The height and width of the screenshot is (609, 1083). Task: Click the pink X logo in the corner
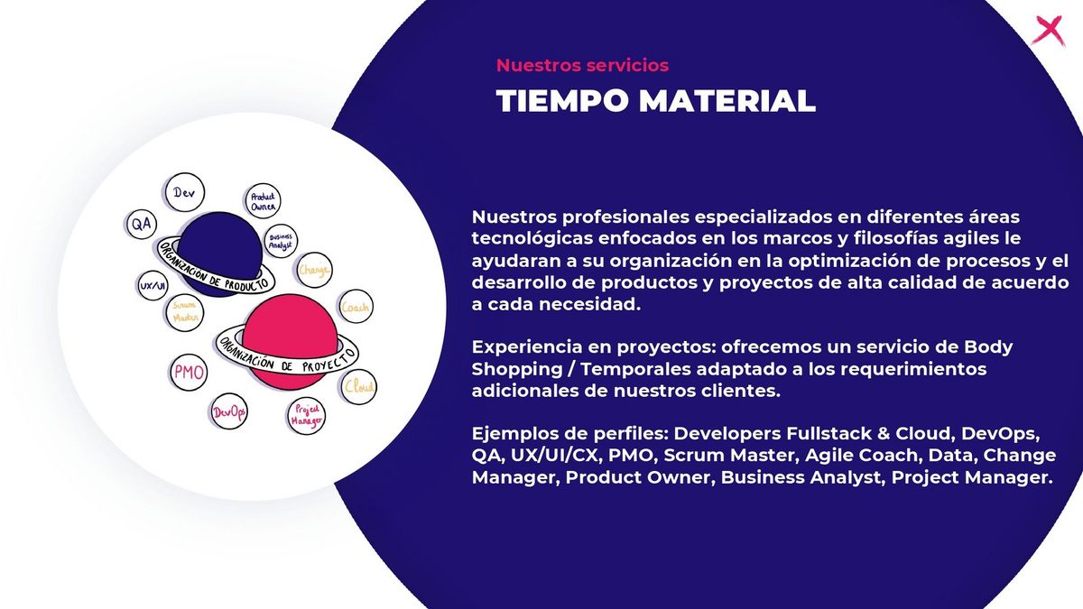1049,31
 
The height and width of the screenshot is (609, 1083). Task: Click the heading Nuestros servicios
582,65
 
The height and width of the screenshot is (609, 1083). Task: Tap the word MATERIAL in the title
727,101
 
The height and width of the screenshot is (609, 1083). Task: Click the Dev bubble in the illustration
185,192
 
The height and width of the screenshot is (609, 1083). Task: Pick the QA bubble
142,225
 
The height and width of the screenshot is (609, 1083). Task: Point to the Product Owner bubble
263,201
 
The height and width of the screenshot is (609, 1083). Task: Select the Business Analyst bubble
281,241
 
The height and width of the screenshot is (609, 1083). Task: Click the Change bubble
314,270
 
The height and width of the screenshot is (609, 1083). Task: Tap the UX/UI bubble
153,286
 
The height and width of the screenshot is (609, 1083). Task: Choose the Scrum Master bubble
185,312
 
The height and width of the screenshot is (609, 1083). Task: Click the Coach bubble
356,307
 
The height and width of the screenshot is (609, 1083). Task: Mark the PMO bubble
189,373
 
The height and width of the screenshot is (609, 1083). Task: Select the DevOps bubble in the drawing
229,411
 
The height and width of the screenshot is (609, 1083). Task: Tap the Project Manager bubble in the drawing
307,416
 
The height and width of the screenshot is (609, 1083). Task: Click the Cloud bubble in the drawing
359,387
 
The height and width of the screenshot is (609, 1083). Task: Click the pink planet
290,342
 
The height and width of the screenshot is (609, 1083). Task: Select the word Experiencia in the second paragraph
527,347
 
